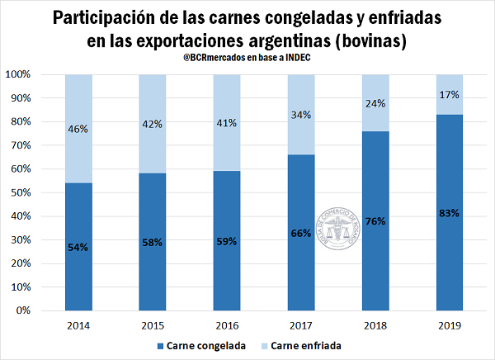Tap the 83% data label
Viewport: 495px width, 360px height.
[x=450, y=213]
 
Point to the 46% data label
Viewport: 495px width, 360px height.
[x=80, y=129]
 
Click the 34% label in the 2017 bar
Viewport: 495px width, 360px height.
[x=303, y=114]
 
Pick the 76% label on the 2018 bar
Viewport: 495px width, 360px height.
[x=376, y=221]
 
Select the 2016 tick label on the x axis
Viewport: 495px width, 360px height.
[x=229, y=324]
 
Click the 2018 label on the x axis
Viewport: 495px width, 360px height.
[x=376, y=324]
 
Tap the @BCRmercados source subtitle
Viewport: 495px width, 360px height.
[x=247, y=55]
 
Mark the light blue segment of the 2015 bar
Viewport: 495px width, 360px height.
[x=154, y=124]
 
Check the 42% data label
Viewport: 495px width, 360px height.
[x=154, y=124]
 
